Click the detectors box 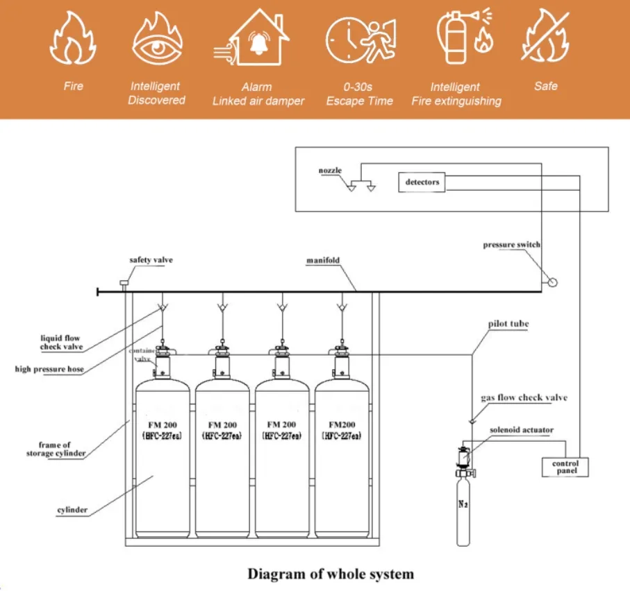(x=422, y=182)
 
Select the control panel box (x=565, y=467)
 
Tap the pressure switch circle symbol (x=552, y=282)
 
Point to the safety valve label (x=151, y=260)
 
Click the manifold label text (x=322, y=262)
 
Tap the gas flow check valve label (x=524, y=397)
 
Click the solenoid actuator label (x=522, y=430)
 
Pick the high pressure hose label (x=49, y=369)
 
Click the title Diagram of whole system (x=331, y=574)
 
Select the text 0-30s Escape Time (x=359, y=94)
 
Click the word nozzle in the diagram (x=330, y=170)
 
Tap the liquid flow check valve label (x=60, y=343)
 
